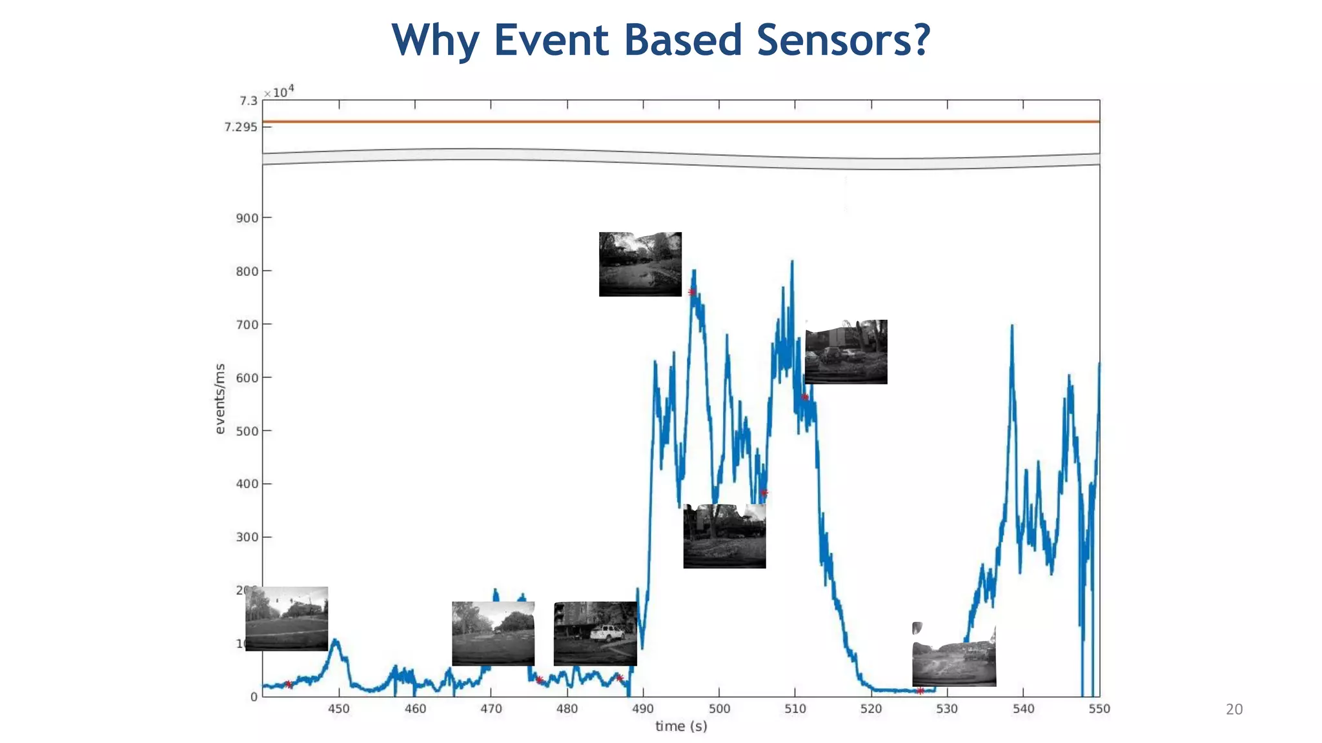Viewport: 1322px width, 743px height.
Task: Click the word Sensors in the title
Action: click(842, 40)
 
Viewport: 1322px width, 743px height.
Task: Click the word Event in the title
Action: click(553, 40)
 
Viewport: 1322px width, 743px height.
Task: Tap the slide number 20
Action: click(1234, 709)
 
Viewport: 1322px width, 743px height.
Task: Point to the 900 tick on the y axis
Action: click(247, 218)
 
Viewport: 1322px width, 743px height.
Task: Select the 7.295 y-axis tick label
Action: click(241, 127)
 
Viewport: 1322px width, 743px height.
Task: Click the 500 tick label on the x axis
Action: click(719, 709)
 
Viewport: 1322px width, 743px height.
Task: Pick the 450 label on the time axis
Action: click(339, 709)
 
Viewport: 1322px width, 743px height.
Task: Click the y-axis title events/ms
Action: click(220, 399)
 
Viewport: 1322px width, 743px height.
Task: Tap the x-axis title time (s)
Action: click(681, 726)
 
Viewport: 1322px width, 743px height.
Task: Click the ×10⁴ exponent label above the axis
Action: click(279, 92)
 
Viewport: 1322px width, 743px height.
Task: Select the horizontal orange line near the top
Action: click(681, 121)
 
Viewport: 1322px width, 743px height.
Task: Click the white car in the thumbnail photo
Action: click(607, 633)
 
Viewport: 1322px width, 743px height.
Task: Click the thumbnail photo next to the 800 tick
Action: click(640, 264)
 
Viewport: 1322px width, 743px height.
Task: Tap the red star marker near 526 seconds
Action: click(920, 691)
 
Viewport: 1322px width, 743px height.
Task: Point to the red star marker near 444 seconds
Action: click(289, 684)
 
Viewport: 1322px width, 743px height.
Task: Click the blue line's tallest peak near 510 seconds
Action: click(792, 262)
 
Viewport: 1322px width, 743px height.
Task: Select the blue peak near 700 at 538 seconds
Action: click(1012, 326)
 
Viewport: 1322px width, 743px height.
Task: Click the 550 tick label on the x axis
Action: click(1099, 709)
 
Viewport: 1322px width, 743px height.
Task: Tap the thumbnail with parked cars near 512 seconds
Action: click(846, 352)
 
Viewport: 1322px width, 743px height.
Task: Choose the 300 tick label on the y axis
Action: click(247, 537)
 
